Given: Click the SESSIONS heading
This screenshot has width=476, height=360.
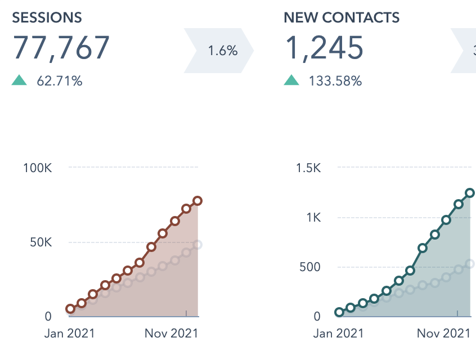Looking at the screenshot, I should (47, 17).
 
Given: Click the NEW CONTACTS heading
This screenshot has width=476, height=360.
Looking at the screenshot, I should (342, 17).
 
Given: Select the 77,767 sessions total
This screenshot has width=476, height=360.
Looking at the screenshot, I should (61, 47).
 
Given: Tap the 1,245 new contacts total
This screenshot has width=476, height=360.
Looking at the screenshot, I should (324, 47).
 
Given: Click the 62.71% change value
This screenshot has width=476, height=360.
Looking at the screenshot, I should (60, 81).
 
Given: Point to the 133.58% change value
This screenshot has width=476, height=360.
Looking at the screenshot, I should (335, 81).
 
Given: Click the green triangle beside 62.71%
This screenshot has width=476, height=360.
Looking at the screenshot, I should (20, 80).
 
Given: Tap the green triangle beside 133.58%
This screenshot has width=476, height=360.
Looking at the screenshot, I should (291, 80).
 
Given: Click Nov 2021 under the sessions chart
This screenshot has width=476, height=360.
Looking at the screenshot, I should (171, 333).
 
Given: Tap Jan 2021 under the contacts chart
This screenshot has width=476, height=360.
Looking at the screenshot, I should (338, 333).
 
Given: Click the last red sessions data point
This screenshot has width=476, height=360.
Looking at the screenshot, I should (197, 201).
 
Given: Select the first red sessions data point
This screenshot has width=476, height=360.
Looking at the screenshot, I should (70, 309).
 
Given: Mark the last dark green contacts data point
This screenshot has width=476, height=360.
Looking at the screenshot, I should (470, 193).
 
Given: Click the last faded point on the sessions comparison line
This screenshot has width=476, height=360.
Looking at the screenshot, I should (197, 245).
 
